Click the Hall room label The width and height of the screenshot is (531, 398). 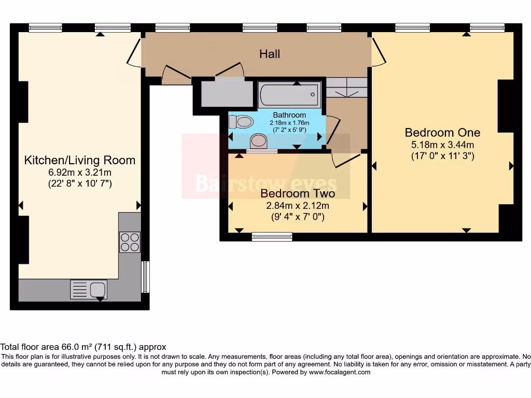(x=270, y=54)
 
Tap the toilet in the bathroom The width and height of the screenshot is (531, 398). (x=241, y=121)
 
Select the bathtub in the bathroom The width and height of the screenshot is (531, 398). (x=289, y=94)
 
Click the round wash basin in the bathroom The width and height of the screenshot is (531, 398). (x=259, y=140)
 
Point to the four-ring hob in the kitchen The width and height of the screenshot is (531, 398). (x=130, y=242)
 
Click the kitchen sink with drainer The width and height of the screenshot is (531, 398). (x=89, y=290)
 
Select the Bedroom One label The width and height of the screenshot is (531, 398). (x=443, y=132)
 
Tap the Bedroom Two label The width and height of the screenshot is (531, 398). (x=298, y=193)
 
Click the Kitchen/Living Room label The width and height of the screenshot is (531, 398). (x=79, y=160)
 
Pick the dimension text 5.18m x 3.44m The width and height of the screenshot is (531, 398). (x=443, y=145)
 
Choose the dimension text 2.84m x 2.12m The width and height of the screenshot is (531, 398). (x=298, y=205)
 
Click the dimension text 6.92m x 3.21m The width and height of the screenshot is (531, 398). (x=79, y=172)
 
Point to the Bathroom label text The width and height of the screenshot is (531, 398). (x=289, y=115)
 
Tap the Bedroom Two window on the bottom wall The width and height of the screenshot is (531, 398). (x=272, y=236)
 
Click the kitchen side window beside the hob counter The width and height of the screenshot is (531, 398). (x=145, y=277)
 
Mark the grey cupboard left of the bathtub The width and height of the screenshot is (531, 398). (x=227, y=93)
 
